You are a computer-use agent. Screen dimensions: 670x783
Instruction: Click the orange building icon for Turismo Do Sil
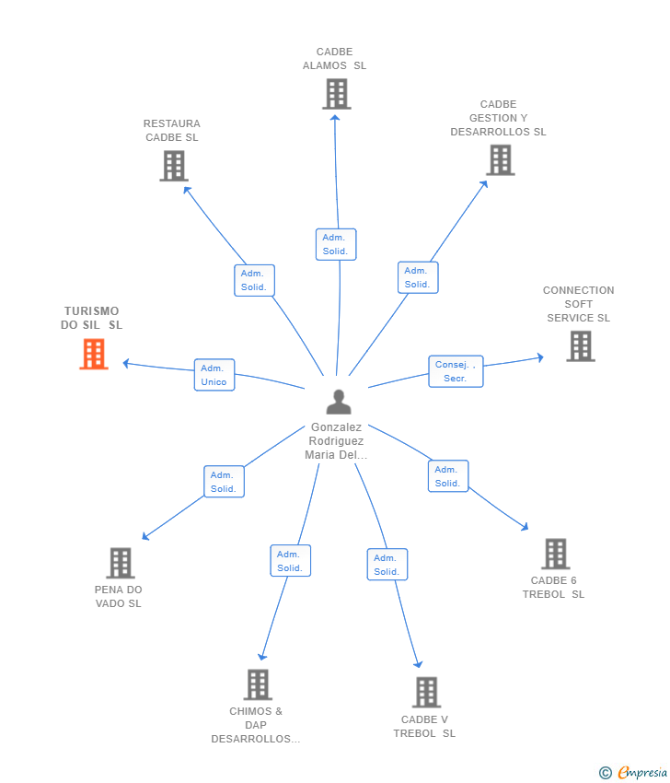[x=94, y=354]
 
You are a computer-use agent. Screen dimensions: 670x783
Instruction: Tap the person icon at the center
[x=339, y=402]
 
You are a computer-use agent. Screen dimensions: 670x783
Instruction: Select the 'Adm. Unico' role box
[x=214, y=375]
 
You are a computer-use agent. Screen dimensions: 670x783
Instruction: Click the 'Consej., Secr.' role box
[x=456, y=371]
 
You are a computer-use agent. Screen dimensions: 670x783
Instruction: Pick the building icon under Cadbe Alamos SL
[x=337, y=94]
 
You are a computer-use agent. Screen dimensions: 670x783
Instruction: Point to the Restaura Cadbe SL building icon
[x=174, y=166]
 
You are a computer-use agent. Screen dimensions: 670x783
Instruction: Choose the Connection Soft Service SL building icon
[x=581, y=346]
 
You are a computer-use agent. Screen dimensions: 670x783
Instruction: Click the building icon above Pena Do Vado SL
[x=121, y=563]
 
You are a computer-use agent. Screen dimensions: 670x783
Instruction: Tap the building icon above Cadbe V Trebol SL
[x=426, y=692]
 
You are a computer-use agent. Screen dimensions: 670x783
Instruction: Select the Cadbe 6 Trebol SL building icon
[x=556, y=554]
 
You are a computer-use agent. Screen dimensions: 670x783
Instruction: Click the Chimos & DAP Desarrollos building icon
[x=258, y=684]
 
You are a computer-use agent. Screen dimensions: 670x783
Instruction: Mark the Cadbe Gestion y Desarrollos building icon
[x=501, y=159]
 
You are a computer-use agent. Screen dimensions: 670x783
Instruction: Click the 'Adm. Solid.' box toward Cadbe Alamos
[x=336, y=244]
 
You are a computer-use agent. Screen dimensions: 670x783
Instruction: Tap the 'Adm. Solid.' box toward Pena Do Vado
[x=224, y=482]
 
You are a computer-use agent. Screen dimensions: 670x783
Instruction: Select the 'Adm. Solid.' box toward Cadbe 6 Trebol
[x=448, y=476]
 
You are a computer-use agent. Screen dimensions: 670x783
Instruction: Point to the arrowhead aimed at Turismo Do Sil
[x=126, y=364]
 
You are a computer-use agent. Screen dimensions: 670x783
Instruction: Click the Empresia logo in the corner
[x=632, y=772]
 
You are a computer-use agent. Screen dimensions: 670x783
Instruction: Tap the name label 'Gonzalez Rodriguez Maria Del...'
[x=336, y=441]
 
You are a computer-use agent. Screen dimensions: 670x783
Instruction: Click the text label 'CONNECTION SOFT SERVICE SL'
[x=578, y=304]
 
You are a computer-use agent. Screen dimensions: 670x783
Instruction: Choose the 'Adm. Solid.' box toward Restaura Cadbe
[x=254, y=280]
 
